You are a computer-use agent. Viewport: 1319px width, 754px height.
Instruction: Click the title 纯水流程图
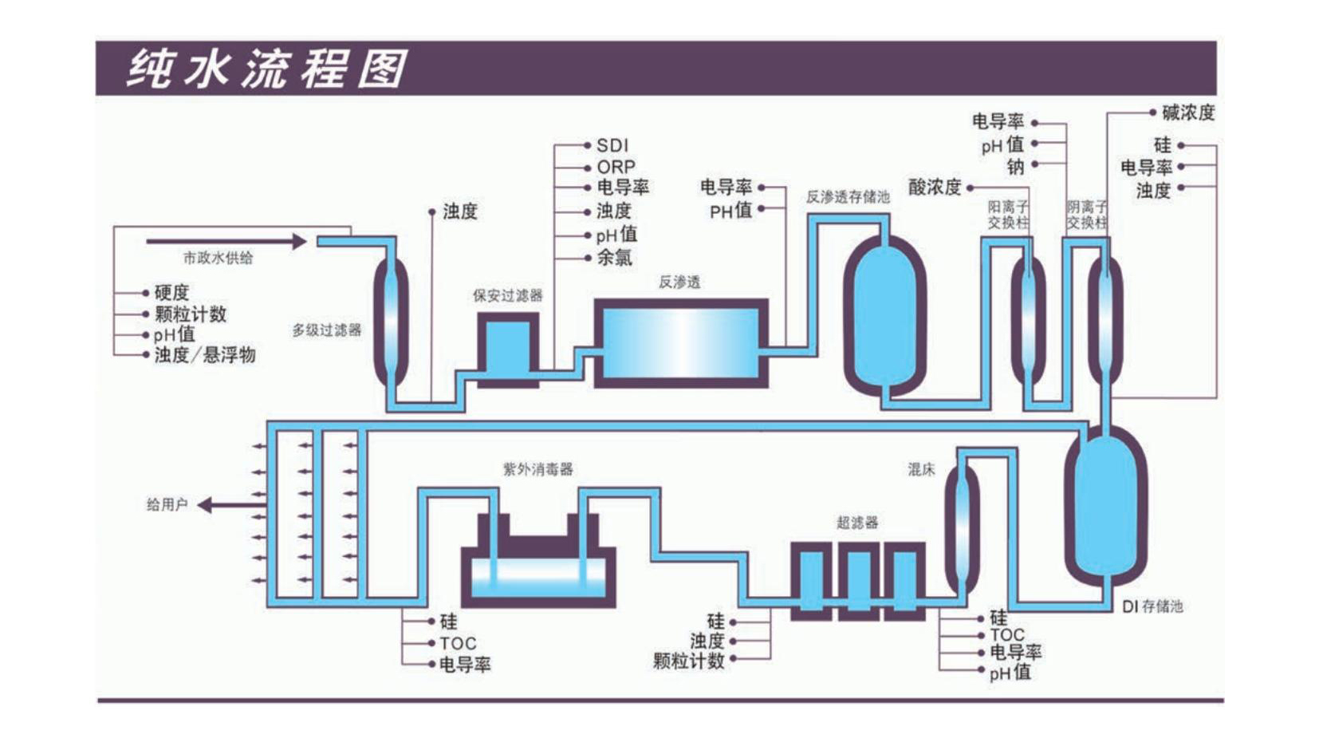pyautogui.click(x=268, y=69)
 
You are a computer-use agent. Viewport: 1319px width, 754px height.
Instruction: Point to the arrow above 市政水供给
pyautogui.click(x=226, y=241)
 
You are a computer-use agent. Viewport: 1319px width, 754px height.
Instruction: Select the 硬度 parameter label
pyautogui.click(x=171, y=293)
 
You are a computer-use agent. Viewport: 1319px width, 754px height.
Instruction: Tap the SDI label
pyautogui.click(x=612, y=145)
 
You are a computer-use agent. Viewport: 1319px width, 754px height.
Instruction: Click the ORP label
pyautogui.click(x=616, y=167)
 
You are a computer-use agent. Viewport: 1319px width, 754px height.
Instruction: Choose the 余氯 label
pyautogui.click(x=614, y=258)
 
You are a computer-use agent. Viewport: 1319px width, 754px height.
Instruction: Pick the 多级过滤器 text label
pyautogui.click(x=326, y=330)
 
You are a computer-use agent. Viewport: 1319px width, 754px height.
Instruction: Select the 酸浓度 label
pyautogui.click(x=935, y=188)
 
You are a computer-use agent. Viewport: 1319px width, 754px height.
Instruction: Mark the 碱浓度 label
pyautogui.click(x=1187, y=113)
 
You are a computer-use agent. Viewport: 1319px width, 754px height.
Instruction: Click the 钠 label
pyautogui.click(x=1014, y=167)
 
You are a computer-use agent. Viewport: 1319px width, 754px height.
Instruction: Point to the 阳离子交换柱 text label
pyautogui.click(x=1008, y=215)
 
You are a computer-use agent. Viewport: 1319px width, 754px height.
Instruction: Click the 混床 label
pyautogui.click(x=921, y=470)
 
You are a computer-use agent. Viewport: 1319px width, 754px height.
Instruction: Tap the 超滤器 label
pyautogui.click(x=857, y=523)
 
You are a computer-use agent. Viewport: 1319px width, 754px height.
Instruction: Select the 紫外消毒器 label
pyautogui.click(x=537, y=469)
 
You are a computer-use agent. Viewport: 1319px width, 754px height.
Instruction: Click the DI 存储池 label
pyautogui.click(x=1152, y=606)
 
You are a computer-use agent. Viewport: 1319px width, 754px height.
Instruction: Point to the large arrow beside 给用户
pyautogui.click(x=231, y=505)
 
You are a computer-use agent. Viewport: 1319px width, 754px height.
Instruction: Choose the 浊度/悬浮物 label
pyautogui.click(x=204, y=355)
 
